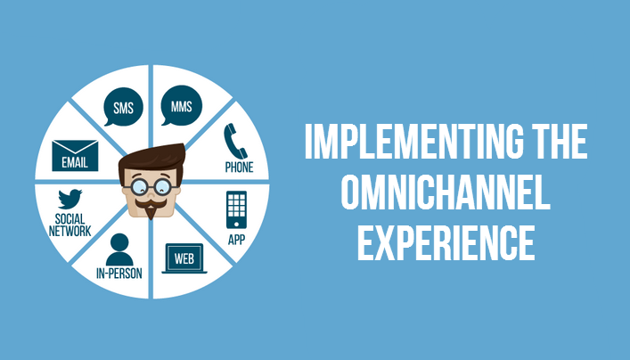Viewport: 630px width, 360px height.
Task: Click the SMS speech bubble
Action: [x=123, y=107]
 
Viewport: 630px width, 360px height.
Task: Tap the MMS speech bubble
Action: [x=181, y=105]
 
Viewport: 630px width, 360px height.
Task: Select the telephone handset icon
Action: [x=235, y=141]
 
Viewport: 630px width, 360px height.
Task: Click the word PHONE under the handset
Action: [x=239, y=168]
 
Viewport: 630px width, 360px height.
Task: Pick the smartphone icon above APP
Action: [x=236, y=209]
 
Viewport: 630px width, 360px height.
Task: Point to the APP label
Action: [x=236, y=240]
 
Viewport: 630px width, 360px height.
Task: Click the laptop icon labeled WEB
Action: [x=184, y=258]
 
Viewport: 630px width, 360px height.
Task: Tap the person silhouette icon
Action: [x=119, y=250]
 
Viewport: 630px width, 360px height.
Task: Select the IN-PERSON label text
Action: [x=119, y=274]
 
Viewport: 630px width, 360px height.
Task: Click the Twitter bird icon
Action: [x=70, y=199]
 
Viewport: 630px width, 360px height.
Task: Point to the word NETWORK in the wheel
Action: [x=70, y=231]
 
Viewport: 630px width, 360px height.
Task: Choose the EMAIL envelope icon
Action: [x=75, y=155]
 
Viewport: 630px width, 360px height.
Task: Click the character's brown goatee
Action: [x=151, y=211]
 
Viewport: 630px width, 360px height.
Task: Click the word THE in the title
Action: [x=560, y=141]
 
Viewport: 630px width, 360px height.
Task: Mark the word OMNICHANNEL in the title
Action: [x=446, y=192]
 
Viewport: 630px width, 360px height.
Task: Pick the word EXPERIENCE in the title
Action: [x=446, y=243]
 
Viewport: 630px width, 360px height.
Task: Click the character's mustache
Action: [x=151, y=203]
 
